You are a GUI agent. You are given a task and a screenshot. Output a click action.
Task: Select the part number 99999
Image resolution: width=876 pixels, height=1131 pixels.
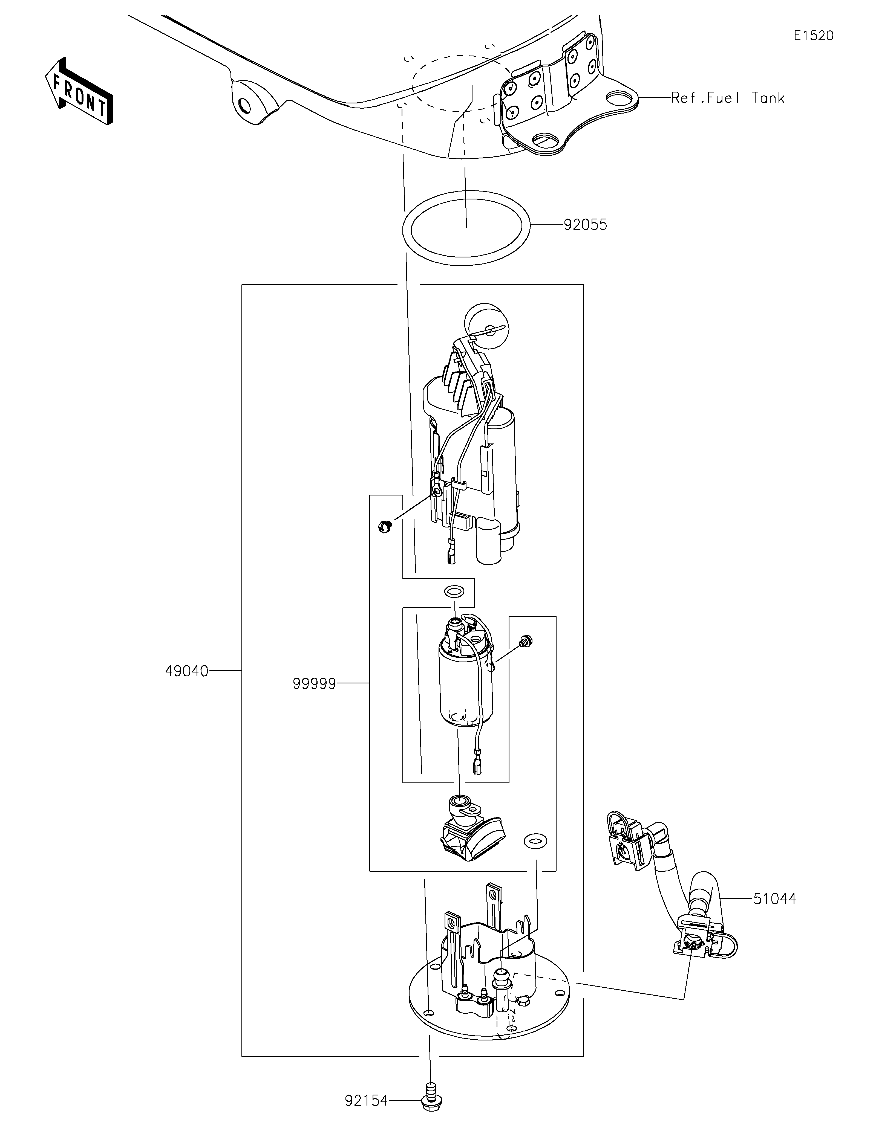(314, 684)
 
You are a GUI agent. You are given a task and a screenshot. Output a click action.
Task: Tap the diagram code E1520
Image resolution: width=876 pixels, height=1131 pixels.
(813, 36)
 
